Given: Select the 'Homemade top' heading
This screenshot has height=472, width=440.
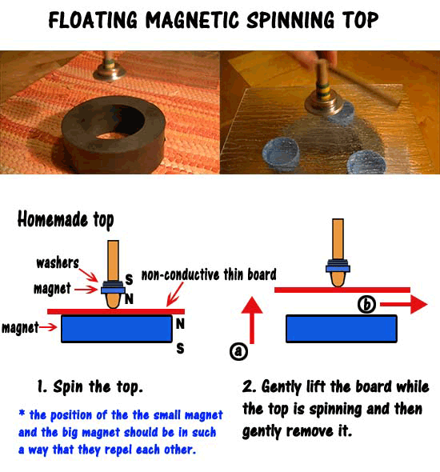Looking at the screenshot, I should click(66, 220).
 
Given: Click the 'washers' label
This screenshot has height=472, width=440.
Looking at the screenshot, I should click(57, 262).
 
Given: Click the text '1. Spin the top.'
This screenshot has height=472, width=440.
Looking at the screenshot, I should click(90, 387).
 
